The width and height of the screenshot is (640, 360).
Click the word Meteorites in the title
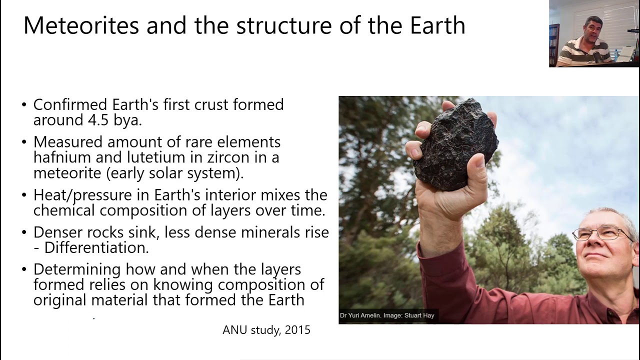(81, 25)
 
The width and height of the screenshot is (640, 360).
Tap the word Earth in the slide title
(437, 25)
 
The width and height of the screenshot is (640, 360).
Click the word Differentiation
(96, 247)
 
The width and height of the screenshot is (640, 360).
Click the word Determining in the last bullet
(77, 269)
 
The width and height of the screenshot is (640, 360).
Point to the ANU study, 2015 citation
(266, 330)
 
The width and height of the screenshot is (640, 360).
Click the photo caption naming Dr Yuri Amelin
(387, 315)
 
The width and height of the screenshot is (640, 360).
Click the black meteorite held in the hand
(456, 145)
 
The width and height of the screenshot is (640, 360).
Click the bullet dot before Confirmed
(24, 105)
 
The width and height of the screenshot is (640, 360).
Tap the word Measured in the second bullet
(68, 142)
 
